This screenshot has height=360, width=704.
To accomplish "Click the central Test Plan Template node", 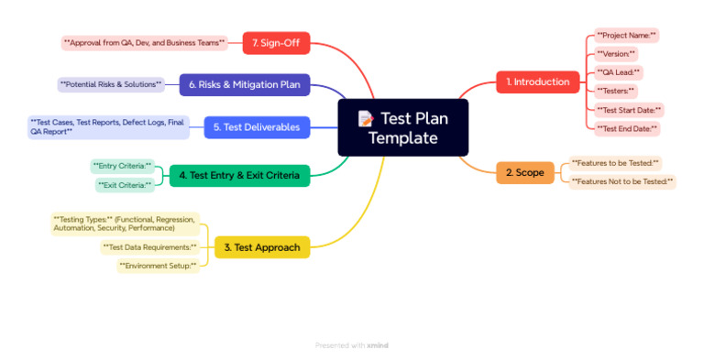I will (403, 127).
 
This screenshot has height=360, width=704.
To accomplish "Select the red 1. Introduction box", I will (538, 82).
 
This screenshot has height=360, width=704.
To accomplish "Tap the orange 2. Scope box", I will (524, 172).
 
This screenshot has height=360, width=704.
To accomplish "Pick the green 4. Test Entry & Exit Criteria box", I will (240, 175).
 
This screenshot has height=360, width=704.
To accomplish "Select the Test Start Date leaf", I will (629, 110).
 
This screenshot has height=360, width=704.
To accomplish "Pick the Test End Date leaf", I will (627, 129).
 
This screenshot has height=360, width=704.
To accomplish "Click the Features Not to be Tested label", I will (622, 182).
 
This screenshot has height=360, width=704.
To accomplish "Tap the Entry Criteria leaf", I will (122, 166).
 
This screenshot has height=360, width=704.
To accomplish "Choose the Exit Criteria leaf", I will (125, 185).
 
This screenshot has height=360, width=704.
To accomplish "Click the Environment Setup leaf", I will (158, 266).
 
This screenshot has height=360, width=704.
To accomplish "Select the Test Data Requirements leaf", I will (149, 247).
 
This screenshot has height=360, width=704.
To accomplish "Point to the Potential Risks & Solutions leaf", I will (111, 84).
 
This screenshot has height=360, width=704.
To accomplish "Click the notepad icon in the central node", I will (366, 118).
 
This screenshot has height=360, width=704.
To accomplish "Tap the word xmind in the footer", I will (378, 345).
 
